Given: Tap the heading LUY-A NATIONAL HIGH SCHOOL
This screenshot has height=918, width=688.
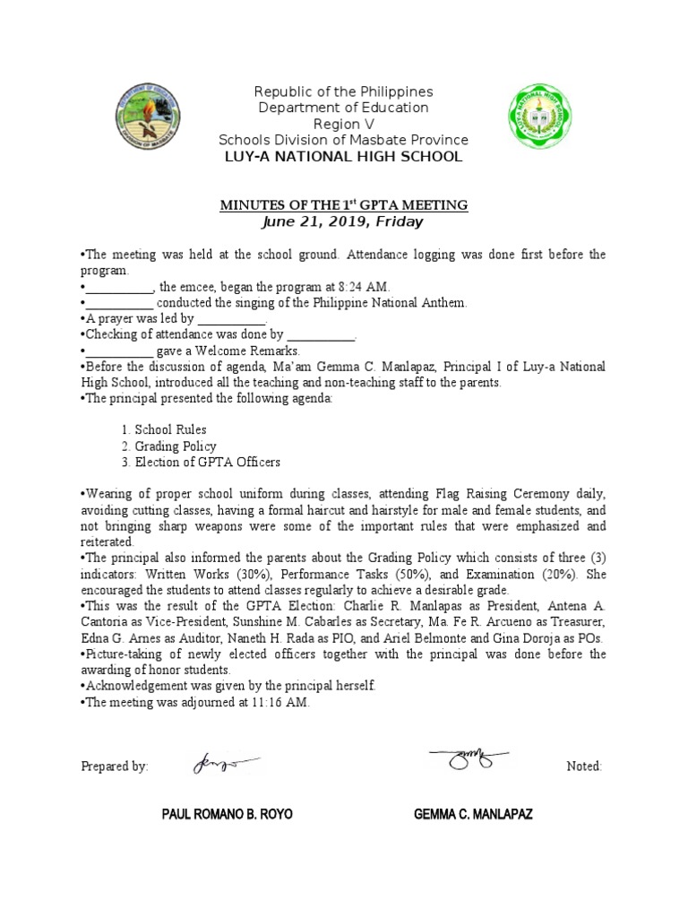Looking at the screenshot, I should [x=344, y=157].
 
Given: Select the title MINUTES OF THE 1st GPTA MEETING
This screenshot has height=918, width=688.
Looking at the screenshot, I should [x=344, y=205].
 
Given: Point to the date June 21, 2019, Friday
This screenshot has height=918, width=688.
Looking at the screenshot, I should [x=344, y=221].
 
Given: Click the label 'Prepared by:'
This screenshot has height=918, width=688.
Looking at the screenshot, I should [x=115, y=766].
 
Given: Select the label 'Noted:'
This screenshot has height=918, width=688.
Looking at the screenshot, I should [x=585, y=766].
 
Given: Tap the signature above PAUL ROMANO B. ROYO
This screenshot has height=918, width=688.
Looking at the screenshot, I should [x=223, y=764].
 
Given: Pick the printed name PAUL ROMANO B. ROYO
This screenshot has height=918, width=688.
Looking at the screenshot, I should [x=227, y=815].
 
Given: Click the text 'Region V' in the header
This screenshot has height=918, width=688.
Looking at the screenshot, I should [x=344, y=125].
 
